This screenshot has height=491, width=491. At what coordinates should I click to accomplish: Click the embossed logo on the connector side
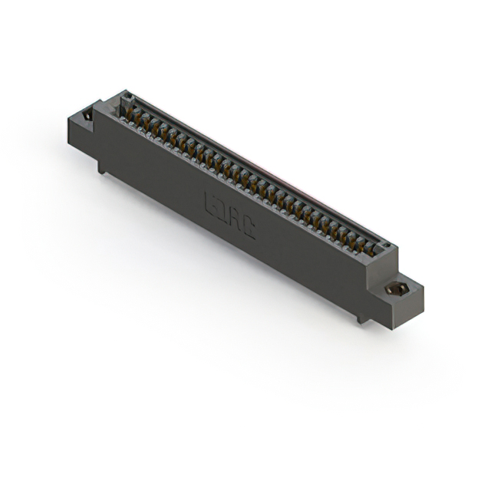click(229, 215)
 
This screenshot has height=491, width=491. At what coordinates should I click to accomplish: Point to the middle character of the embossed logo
click(229, 216)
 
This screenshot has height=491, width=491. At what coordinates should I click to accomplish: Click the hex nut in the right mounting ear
click(397, 289)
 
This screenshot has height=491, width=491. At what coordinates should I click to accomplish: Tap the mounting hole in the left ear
click(87, 116)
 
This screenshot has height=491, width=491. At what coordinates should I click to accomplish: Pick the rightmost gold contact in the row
click(371, 249)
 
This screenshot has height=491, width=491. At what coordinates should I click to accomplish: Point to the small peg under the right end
click(361, 317)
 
